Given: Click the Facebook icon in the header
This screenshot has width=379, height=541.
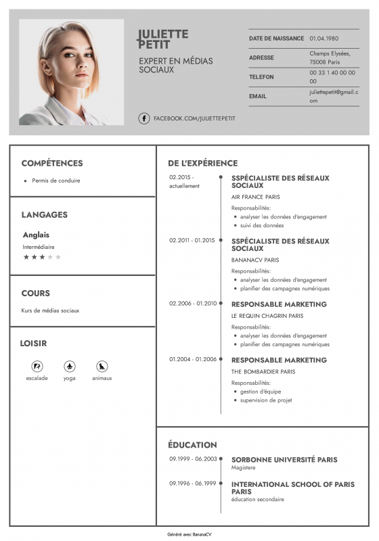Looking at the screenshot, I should tap(144, 118).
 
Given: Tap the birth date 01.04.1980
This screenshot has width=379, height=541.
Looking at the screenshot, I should tap(324, 39).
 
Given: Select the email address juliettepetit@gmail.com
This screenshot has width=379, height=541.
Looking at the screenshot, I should tap(334, 96).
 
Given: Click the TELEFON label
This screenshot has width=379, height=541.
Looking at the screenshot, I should tap(261, 77).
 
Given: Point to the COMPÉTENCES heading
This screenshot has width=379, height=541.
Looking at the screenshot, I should tap(52, 163).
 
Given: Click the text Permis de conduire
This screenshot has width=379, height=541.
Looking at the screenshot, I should tap(56, 181).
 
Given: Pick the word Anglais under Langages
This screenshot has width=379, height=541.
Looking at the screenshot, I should tap(36, 235).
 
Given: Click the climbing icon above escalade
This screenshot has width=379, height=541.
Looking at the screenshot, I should tap(37, 366).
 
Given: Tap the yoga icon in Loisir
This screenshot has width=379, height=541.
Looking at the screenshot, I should tap(69, 366).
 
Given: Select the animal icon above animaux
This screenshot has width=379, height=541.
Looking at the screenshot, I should tap(102, 366).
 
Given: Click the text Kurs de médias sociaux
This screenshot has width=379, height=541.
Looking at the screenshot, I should tap(50, 310).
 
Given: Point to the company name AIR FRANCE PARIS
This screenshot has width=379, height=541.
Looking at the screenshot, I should tap(256, 197).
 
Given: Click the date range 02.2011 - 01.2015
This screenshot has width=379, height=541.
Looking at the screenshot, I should tap(192, 240).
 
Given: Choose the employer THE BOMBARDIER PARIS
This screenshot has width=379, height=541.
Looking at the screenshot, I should tap(263, 371).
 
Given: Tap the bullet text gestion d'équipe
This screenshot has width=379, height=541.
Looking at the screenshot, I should tap(261, 392).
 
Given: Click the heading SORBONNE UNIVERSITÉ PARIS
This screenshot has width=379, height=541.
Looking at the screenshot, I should tap(284, 460).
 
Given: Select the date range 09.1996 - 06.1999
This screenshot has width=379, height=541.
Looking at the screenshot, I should tap(193, 484).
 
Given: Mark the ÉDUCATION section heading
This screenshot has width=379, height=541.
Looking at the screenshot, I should tap(193, 445).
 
